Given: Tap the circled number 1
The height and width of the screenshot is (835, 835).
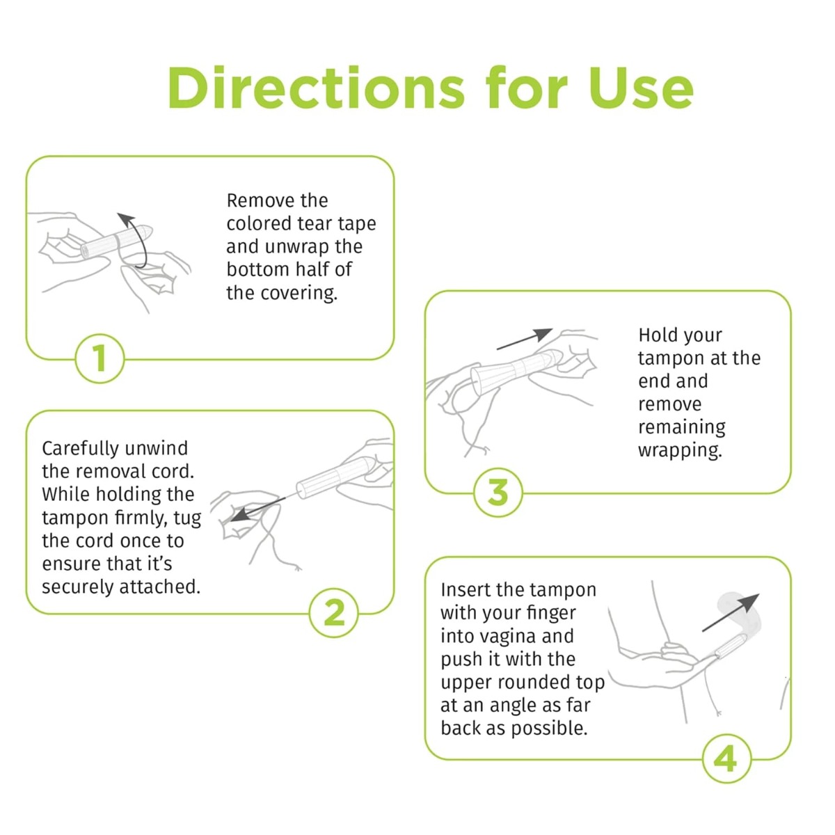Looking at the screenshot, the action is click(x=100, y=358).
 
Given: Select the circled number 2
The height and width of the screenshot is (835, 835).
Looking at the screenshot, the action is click(x=334, y=613).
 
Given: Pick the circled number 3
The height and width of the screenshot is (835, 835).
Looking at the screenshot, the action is click(x=498, y=492).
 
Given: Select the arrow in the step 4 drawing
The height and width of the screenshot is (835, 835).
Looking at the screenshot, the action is click(x=731, y=613).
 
